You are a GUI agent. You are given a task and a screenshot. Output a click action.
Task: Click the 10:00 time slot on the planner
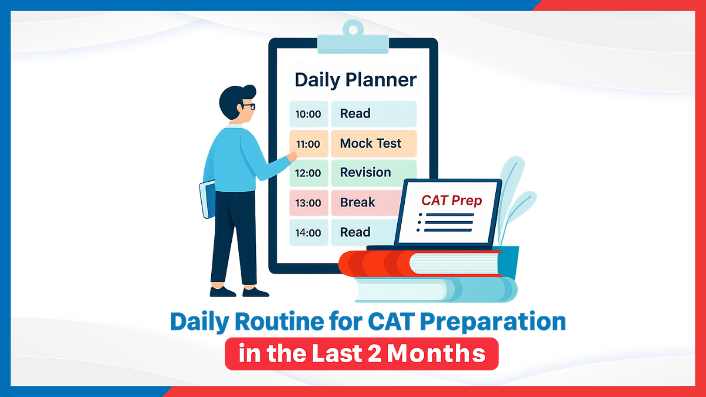pos(308,114)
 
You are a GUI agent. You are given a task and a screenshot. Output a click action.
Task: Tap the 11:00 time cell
pos(308,144)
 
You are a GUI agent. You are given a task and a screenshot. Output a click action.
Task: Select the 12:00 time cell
pos(308,173)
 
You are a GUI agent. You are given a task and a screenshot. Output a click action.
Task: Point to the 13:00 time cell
pos(308,203)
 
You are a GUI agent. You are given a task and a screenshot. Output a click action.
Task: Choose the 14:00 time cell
pos(308,232)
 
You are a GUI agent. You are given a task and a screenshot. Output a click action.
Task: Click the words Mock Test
pos(371,144)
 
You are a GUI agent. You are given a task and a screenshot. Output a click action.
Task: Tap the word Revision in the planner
pos(365,173)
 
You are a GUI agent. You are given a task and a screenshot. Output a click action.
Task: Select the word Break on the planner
pos(358,202)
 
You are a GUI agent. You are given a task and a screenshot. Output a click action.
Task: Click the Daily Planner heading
pos(355,80)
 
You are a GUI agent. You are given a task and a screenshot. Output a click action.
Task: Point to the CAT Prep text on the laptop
pos(452,201)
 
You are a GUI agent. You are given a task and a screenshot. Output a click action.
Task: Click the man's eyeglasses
pos(248,106)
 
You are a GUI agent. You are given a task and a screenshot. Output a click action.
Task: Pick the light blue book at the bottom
pos(435,289)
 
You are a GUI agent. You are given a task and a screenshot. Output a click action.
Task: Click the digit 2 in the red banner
pos(374,353)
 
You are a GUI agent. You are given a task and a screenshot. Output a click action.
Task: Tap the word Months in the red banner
pos(436,353)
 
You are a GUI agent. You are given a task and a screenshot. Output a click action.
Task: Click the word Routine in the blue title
pos(279,321)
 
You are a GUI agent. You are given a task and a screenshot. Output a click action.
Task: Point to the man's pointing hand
pos(292,156)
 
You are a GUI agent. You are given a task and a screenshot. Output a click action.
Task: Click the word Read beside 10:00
pos(355,114)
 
